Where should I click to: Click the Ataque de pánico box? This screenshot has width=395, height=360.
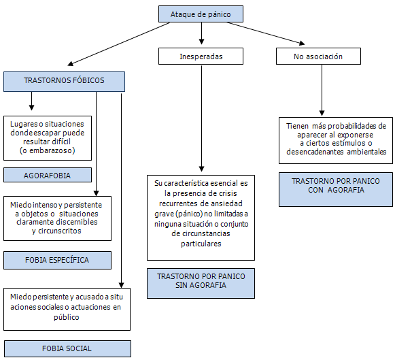(201, 14)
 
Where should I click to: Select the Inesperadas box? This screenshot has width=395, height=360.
(201, 56)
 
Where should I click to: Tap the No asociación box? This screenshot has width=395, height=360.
(318, 56)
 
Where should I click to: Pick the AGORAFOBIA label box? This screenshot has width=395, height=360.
(48, 175)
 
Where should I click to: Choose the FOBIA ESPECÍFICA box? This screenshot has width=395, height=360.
(57, 260)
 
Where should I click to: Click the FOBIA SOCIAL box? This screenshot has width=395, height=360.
(67, 348)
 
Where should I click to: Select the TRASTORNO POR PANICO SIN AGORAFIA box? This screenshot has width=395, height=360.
(201, 283)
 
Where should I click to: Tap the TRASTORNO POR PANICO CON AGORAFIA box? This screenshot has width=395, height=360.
(336, 190)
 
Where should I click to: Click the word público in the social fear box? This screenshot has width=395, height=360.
(67, 317)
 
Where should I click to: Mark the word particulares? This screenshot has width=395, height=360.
(201, 244)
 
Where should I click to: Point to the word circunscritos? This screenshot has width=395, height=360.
(60, 231)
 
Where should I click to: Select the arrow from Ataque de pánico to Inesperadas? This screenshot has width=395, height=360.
(201, 33)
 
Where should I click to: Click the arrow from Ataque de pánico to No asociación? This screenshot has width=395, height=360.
(266, 33)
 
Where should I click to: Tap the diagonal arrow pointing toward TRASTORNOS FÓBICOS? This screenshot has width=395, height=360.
(119, 44)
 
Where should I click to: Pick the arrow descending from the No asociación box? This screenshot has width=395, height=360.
(322, 91)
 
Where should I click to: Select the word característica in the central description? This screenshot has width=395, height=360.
(186, 183)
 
